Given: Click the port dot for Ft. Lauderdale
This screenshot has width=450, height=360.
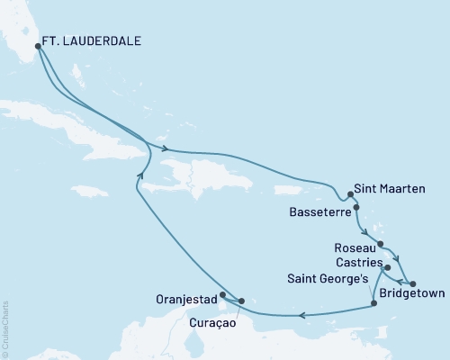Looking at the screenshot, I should click(x=37, y=47).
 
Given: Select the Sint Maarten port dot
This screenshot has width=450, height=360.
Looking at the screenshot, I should click(x=349, y=193).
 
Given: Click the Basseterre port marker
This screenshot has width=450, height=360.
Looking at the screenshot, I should click(x=356, y=208).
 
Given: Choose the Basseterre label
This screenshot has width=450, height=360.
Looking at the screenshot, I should click(x=319, y=213).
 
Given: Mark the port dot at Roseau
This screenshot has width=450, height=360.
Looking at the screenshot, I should click(x=381, y=244).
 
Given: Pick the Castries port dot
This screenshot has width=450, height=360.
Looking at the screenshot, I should click(x=387, y=267).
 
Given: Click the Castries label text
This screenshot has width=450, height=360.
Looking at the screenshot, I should click(x=355, y=261).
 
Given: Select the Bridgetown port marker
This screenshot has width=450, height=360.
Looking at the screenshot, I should click(x=412, y=284).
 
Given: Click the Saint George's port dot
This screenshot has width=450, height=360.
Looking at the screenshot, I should click(x=373, y=303).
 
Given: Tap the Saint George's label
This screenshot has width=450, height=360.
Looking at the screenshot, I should click(x=328, y=279).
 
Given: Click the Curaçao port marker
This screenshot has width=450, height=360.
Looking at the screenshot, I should click(x=241, y=301).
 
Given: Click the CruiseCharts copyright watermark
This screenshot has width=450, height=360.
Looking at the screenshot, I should click(x=6, y=329).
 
